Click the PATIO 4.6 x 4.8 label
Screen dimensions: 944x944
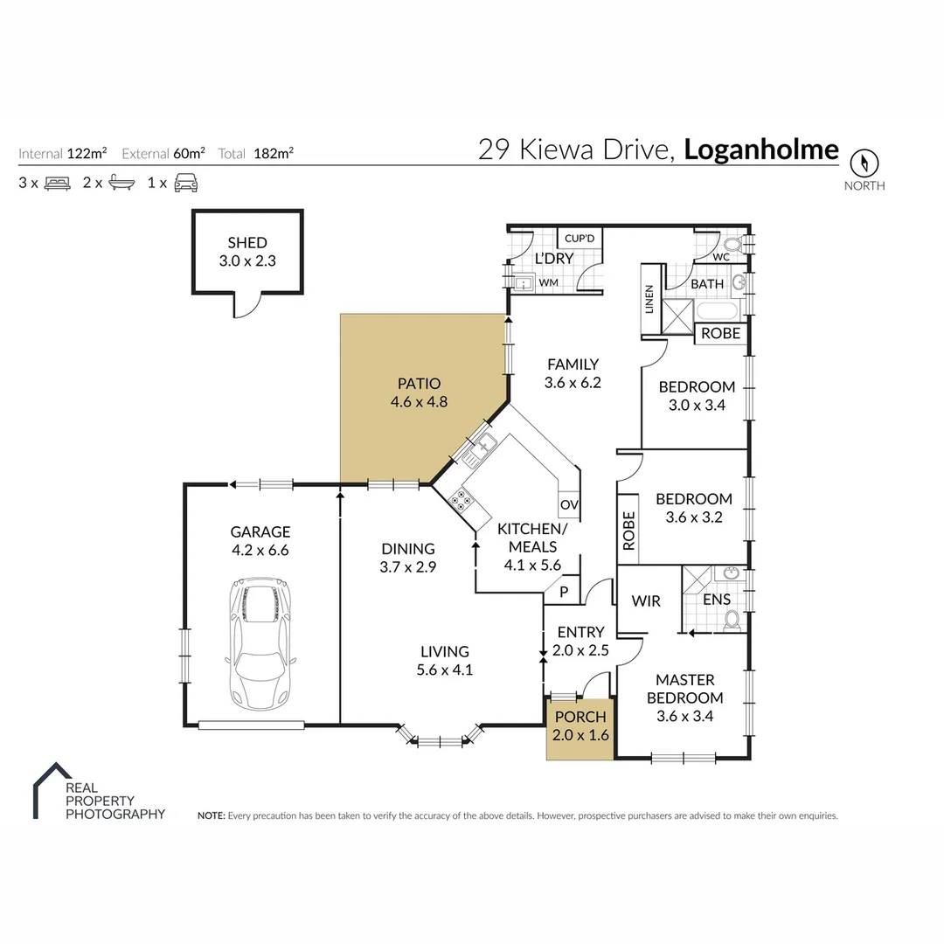click(419, 392)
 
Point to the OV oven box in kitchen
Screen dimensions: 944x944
click(569, 505)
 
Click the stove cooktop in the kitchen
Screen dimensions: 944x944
click(460, 501)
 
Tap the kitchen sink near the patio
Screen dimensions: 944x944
click(481, 448)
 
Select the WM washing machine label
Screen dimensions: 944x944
click(548, 283)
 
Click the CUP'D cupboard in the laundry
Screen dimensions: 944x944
click(580, 238)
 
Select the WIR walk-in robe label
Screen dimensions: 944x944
click(646, 601)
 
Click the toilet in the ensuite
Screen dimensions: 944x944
click(732, 619)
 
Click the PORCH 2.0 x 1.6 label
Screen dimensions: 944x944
click(580, 725)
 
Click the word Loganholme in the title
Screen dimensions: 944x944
click(760, 149)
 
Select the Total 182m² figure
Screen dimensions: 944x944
click(255, 154)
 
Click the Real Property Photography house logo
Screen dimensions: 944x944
click(50, 790)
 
